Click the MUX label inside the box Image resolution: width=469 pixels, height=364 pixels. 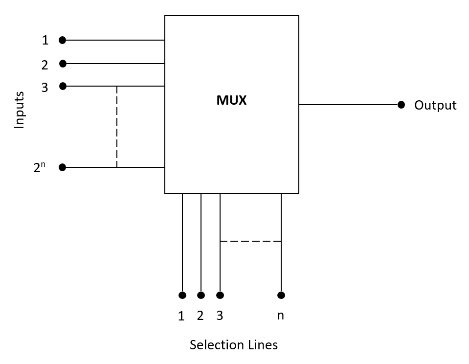click(x=231, y=100)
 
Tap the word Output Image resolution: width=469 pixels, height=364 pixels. click(x=435, y=105)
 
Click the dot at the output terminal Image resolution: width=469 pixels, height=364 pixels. click(x=401, y=105)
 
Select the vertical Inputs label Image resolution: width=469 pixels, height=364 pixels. click(x=19, y=110)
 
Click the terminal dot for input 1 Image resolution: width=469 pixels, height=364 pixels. click(x=62, y=40)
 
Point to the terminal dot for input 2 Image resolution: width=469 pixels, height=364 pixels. click(x=63, y=64)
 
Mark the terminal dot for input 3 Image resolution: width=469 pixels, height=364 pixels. click(x=63, y=86)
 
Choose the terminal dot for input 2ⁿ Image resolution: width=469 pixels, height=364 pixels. click(x=62, y=167)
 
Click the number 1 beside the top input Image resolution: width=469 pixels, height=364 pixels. click(x=45, y=41)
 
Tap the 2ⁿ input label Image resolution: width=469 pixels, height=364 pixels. click(x=39, y=167)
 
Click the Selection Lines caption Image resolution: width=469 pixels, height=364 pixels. click(x=233, y=345)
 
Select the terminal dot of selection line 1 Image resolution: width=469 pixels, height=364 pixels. click(x=182, y=295)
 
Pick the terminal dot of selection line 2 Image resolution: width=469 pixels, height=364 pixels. click(x=201, y=295)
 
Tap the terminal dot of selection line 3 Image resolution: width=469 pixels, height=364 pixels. click(x=220, y=295)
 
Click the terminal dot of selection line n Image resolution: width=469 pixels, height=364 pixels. click(x=281, y=295)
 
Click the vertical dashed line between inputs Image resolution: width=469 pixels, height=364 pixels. click(x=117, y=127)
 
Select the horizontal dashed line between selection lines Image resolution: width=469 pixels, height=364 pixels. click(x=250, y=241)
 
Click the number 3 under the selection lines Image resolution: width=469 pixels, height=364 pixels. click(x=220, y=316)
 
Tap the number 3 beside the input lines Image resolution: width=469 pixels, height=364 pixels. click(x=45, y=88)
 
